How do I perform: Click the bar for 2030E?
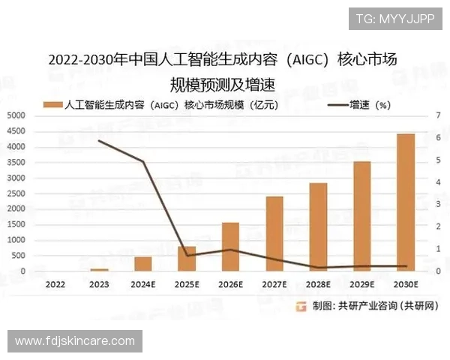(406, 202)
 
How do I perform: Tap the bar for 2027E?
(274, 233)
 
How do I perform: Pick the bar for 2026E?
(230, 247)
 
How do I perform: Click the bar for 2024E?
(142, 264)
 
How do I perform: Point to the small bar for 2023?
(99, 269)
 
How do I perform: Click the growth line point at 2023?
(99, 141)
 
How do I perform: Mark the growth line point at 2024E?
(142, 161)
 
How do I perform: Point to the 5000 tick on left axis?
(16, 115)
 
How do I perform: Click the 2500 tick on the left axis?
(16, 193)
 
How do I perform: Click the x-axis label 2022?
(55, 285)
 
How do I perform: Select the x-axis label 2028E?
(318, 285)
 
